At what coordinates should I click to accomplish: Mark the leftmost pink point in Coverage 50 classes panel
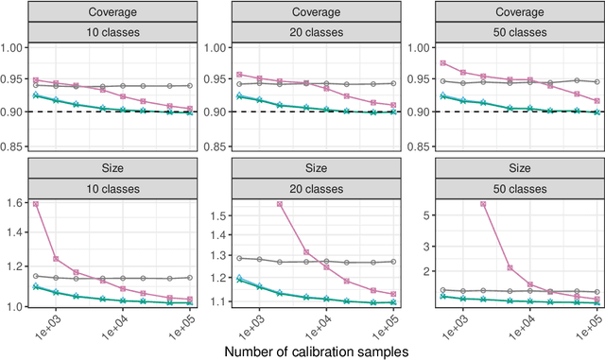pos(442,63)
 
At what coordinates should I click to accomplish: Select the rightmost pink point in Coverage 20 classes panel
pos(393,105)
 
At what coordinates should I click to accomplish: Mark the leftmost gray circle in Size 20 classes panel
pos(239,257)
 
